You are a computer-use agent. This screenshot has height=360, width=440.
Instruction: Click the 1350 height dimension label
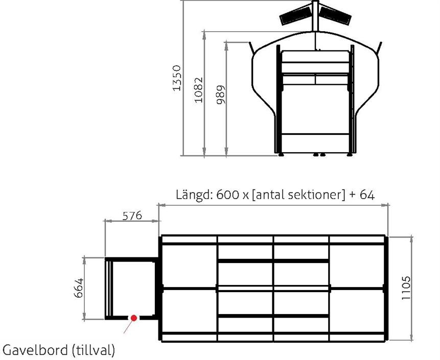pos(177,78)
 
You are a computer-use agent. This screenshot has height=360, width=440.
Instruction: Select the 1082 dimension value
pos(198,90)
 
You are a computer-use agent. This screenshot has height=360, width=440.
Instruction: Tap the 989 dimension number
pos(221,94)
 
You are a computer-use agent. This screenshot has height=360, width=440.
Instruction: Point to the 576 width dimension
pos(132,215)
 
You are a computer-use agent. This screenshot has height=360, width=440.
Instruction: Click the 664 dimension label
pos(79,287)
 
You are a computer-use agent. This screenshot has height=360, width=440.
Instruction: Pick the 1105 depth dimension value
pos(406,288)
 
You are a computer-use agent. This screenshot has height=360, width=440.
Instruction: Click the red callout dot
pos(134,318)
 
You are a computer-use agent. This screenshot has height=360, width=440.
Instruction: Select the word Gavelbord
pos(35,350)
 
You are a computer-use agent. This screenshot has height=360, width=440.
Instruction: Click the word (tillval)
pos(94,350)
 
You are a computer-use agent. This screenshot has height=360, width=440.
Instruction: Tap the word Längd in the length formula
pos(195,195)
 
